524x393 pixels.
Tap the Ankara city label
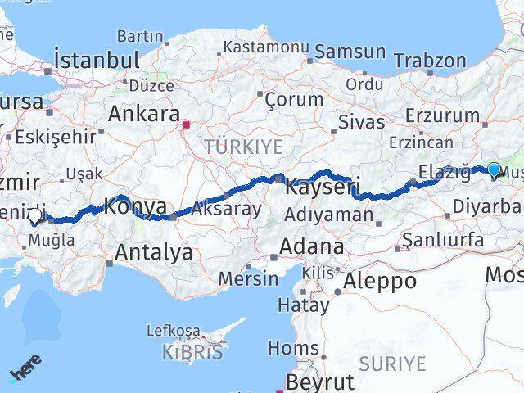pos(143,112)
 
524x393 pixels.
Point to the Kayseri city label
pos(323,187)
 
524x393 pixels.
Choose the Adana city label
pos(311,246)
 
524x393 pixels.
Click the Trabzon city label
pos(429,60)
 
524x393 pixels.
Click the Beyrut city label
pos(320,382)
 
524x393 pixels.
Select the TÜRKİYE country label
pos(244,147)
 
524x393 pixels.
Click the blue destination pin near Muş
pos(494,169)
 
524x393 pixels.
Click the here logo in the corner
pos(24,371)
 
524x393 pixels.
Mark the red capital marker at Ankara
pos(187,125)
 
